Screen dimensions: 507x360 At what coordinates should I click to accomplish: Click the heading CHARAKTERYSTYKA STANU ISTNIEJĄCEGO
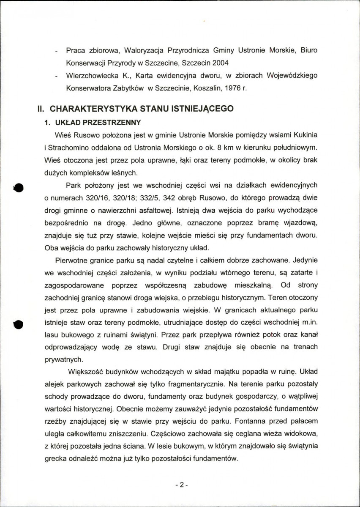(x=141, y=108)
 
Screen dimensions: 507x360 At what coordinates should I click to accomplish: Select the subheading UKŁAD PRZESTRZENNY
(x=97, y=123)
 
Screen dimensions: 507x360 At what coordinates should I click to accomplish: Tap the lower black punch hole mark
(x=18, y=324)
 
